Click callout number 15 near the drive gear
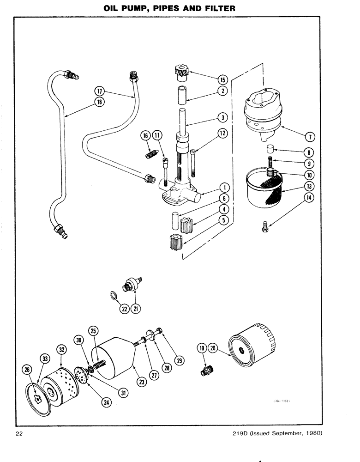click(x=222, y=79)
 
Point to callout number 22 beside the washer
click(x=124, y=310)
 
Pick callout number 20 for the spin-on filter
click(x=213, y=348)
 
